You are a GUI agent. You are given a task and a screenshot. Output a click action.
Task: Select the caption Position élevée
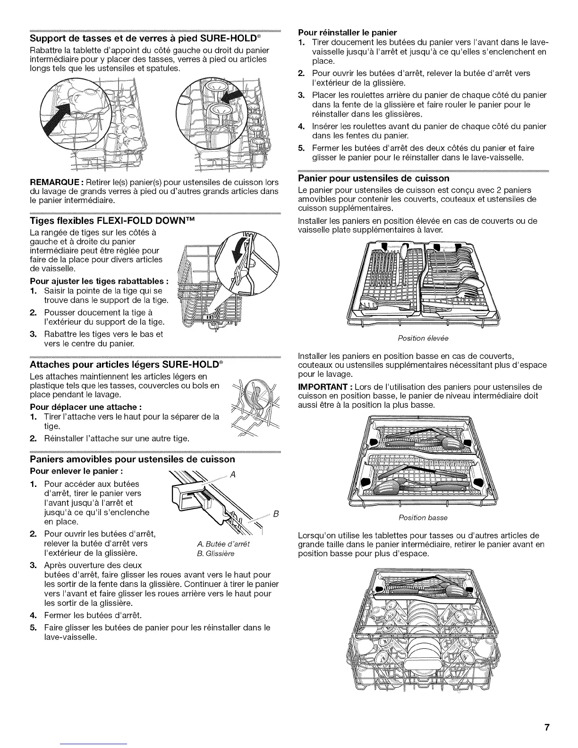(x=423, y=338)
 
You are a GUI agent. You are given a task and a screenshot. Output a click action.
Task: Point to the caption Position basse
(x=423, y=518)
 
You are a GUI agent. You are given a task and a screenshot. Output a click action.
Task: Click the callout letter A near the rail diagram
(x=233, y=476)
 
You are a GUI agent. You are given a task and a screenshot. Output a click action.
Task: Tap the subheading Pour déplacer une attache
(x=86, y=407)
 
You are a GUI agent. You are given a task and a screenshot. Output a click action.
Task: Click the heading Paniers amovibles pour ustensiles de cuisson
(x=132, y=459)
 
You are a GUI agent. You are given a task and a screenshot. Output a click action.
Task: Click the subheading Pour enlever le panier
(x=77, y=471)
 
